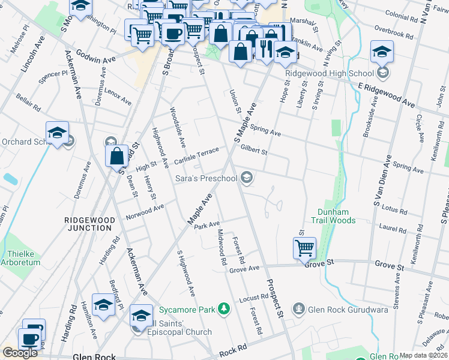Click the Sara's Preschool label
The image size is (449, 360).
click(206, 178)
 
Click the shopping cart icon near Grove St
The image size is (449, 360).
click(304, 248)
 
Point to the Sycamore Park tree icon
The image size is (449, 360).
click(224, 309)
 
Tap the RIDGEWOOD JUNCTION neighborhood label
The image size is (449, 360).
click(88, 224)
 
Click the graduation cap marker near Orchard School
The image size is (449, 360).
click(57, 133)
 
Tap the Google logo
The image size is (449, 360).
click(20, 353)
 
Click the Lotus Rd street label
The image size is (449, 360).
click(395, 210)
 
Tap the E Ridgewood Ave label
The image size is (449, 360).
click(386, 95)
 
